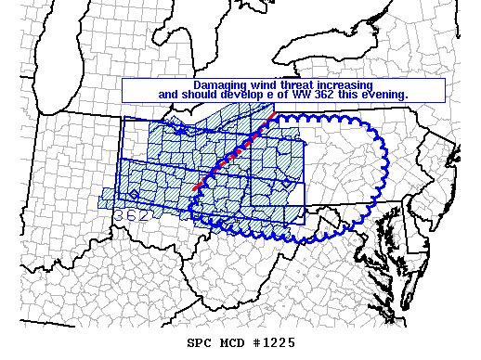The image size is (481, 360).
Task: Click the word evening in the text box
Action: pos(384,95)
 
